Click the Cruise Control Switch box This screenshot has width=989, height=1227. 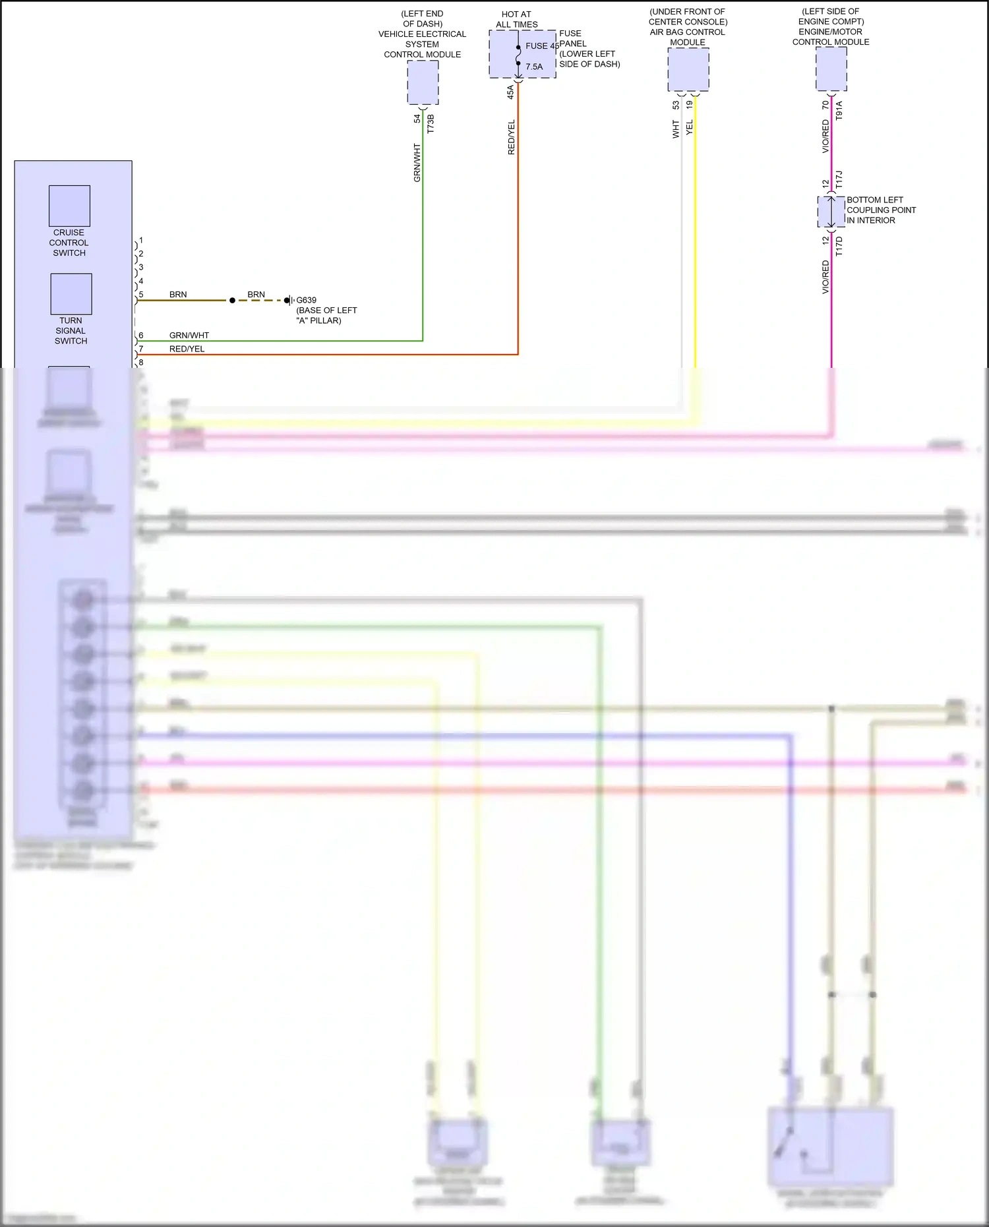coord(69,206)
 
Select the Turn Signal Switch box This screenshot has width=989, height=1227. coord(71,294)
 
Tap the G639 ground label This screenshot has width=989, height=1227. coord(306,300)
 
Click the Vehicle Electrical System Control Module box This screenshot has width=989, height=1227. coord(423,82)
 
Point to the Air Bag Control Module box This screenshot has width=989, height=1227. coord(688,69)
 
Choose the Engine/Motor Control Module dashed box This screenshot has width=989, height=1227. coord(831,69)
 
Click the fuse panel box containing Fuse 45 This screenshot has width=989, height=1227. coord(522,54)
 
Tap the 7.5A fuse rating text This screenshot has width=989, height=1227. coord(534,67)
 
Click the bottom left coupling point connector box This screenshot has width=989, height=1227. coord(831,212)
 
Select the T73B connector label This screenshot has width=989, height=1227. coord(431,124)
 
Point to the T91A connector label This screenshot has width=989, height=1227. coord(839,110)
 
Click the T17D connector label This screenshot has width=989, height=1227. coord(839,247)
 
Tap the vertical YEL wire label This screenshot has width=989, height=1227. coord(690,127)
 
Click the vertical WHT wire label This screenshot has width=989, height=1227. coord(676,129)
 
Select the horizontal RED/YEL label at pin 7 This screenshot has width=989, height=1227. coord(187,349)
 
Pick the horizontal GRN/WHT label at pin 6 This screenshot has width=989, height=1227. coord(189,335)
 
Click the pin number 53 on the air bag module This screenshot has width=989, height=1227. coord(676,105)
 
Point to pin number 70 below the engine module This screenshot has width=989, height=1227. coord(825,105)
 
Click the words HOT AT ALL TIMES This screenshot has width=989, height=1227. coord(516,19)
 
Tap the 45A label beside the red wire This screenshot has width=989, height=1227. coord(510,92)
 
